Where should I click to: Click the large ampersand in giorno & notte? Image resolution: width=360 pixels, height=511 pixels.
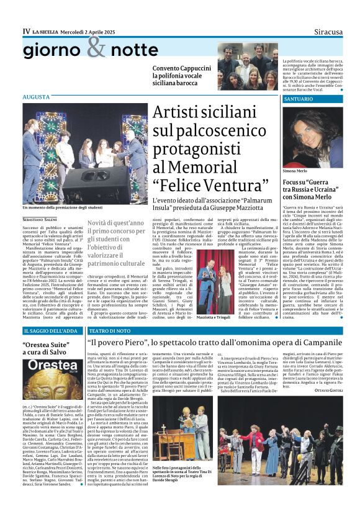[96, 47]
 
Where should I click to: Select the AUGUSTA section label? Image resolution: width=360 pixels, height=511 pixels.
[35, 97]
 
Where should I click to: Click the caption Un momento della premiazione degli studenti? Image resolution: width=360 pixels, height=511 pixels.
[63, 207]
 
